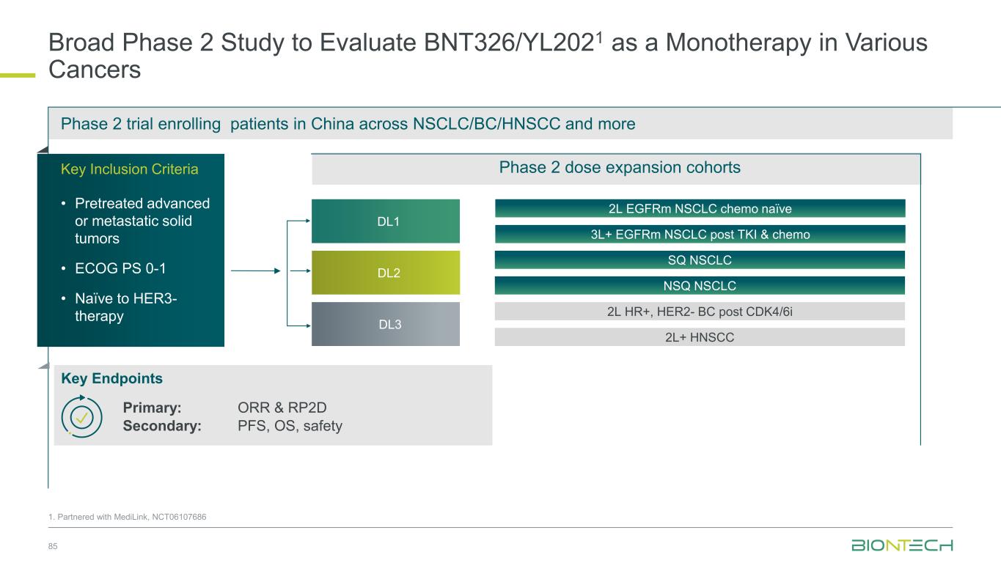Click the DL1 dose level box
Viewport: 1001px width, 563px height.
(386, 221)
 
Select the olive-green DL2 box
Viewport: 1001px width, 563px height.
(386, 273)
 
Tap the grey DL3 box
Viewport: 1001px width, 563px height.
(386, 324)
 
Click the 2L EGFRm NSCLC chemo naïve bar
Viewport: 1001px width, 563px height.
(700, 209)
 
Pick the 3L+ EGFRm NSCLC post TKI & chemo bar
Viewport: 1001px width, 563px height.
(700, 235)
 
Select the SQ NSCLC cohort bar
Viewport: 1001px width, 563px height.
(700, 260)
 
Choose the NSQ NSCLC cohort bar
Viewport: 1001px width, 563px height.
(700, 286)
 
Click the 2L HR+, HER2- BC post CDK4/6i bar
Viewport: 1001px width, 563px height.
(700, 312)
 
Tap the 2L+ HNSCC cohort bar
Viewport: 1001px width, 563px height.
(700, 337)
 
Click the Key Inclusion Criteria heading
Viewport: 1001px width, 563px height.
(129, 169)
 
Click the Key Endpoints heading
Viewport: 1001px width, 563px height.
(111, 379)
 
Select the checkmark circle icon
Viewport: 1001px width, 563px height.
(81, 416)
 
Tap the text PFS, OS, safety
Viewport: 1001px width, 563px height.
(290, 426)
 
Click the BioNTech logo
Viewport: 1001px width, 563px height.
(901, 545)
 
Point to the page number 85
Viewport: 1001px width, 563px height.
(53, 547)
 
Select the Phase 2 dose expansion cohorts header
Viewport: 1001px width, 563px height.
(620, 168)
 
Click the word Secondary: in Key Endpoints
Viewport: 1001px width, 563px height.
(162, 426)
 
